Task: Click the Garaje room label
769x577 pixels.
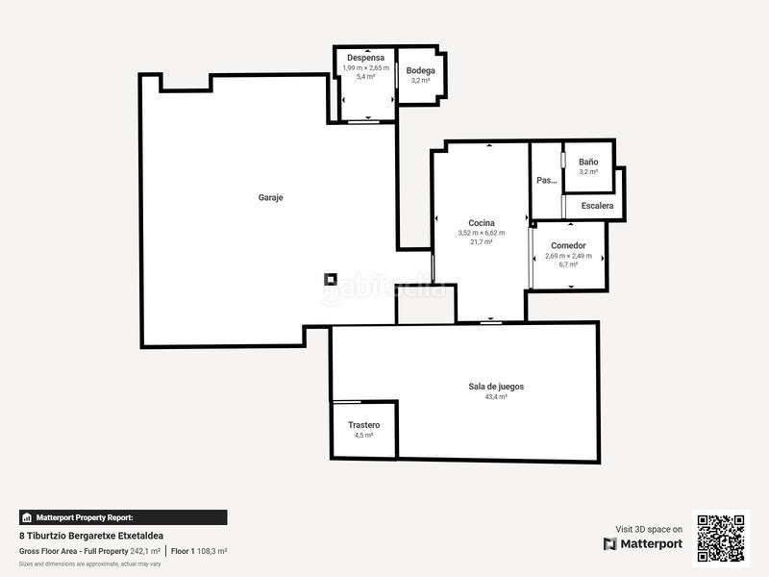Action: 270,197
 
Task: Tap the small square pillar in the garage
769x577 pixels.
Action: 330,280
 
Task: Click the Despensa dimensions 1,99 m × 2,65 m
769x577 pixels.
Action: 365,68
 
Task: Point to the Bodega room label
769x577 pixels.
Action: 420,71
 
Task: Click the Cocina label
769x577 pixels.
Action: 482,222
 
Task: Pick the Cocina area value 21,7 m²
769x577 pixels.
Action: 482,242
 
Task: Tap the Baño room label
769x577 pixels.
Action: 588,162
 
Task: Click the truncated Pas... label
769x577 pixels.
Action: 546,180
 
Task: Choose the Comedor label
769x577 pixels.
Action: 568,245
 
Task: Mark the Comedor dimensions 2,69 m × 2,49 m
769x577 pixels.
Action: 568,256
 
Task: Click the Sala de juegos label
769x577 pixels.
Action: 496,386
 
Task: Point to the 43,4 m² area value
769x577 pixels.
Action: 496,396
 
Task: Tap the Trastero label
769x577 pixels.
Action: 363,424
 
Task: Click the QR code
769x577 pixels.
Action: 721,537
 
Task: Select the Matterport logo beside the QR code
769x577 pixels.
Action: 643,544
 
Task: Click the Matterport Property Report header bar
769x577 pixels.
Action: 123,516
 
